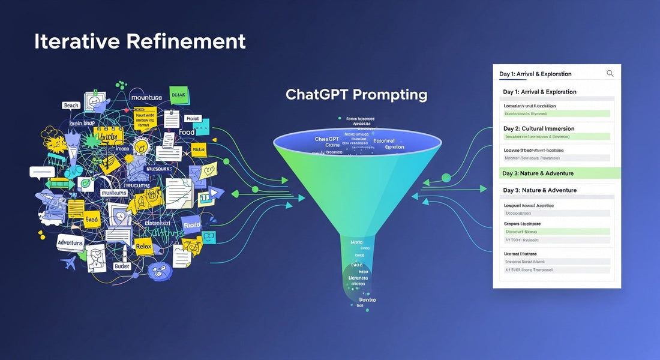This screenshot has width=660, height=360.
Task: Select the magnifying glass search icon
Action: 610,73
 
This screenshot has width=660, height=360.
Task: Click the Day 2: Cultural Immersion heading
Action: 538,128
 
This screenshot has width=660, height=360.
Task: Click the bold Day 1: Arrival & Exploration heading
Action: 539,92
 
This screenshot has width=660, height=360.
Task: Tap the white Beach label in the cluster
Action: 71,106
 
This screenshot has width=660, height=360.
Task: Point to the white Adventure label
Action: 70,242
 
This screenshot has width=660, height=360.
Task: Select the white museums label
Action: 113,193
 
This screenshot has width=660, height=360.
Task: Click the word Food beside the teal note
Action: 187,132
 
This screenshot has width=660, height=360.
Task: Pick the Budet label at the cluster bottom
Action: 121,266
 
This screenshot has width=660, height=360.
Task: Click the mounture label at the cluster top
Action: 146,97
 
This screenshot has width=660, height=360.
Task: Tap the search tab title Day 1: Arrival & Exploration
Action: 535,74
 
